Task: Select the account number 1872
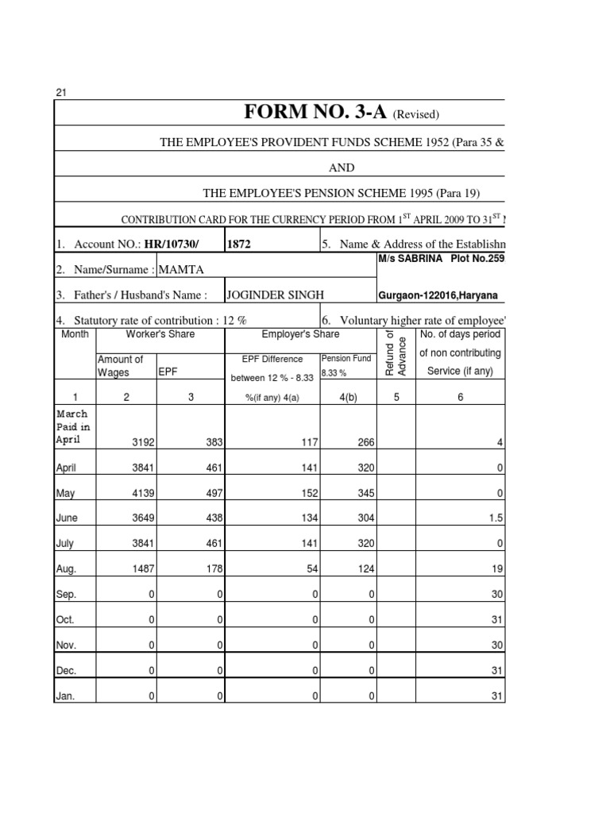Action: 239,245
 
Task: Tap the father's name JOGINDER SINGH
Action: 275,295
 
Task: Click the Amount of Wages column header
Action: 120,366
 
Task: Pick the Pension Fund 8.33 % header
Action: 346,365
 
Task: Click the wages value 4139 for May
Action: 141,494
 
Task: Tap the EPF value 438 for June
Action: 212,519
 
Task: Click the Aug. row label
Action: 66,570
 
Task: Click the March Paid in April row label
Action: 72,426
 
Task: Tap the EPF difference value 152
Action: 304,494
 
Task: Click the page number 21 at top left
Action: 60,92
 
